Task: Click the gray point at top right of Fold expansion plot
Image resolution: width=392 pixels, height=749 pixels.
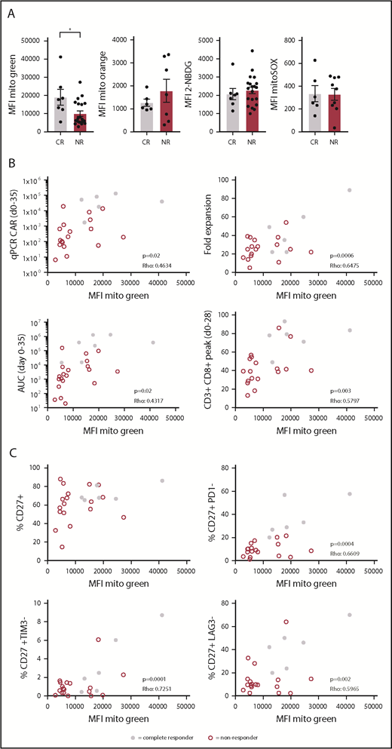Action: (x=349, y=190)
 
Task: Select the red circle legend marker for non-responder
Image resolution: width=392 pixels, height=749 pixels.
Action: (x=212, y=732)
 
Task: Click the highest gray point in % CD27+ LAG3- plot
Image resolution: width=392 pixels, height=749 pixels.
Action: (x=349, y=615)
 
